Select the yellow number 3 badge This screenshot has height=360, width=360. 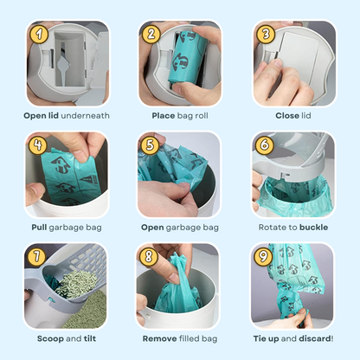(265, 35)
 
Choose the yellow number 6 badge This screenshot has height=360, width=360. (265, 145)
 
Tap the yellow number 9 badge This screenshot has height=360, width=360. (265, 256)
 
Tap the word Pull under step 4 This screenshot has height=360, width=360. (40, 228)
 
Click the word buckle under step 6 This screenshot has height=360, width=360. (312, 228)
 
